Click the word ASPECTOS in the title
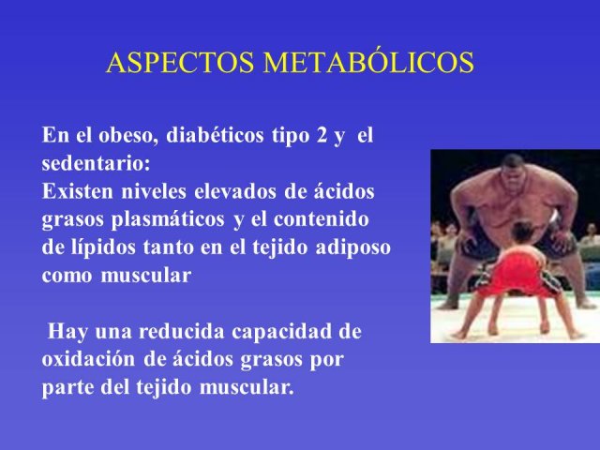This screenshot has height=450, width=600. tap(180, 63)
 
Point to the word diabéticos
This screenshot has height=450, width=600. tap(215, 135)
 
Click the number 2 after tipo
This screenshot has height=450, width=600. tap(322, 136)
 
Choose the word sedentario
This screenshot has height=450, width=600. tap(96, 164)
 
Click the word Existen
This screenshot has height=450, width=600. tap(77, 191)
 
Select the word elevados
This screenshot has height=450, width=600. tap(235, 191)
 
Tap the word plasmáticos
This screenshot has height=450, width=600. tap(168, 220)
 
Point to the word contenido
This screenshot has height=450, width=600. tap(322, 219)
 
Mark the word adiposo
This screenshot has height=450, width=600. tap(352, 247)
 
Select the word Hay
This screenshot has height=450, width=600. tap(67, 331)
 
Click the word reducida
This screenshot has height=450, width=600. tap(181, 331)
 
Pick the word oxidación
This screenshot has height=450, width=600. tap(88, 359)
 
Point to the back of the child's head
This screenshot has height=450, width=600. tap(523, 233)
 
